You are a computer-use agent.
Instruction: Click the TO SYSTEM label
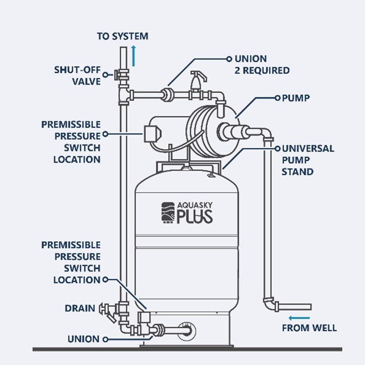[123, 36]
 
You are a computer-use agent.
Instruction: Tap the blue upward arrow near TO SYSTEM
[133, 56]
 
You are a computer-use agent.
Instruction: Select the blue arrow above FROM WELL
[299, 318]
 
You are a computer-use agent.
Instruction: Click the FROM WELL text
[309, 328]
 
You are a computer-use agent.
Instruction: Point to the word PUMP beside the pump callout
[296, 98]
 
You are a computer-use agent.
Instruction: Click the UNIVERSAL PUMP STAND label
[308, 160]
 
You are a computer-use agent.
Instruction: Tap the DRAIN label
[80, 308]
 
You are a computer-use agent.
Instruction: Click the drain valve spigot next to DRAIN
[107, 312]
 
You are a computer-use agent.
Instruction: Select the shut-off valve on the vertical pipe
[122, 75]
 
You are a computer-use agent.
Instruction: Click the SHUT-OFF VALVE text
[77, 76]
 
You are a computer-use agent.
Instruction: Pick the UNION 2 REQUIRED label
[262, 65]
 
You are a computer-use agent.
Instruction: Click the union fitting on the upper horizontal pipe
[167, 94]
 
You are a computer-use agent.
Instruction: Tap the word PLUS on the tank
[194, 217]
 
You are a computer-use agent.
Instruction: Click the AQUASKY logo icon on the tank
[168, 212]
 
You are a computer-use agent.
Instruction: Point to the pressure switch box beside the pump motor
[152, 134]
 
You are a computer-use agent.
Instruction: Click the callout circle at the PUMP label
[277, 98]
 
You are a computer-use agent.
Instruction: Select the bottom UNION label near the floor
[83, 339]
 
